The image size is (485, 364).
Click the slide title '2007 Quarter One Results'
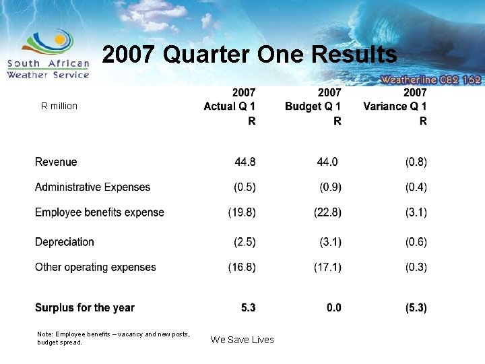249,55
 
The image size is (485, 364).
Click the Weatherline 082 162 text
430,79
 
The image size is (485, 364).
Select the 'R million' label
59,106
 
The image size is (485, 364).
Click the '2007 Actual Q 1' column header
230,106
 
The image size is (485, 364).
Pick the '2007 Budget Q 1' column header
313,106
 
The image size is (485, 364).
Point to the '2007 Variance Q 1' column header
395,106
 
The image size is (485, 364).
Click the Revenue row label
56,162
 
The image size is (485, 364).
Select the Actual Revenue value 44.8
245,162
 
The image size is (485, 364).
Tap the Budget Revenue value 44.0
327,162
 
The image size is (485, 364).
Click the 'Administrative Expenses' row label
92,187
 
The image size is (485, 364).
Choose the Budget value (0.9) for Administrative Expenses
330,187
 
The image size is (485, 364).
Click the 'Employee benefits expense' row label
100,212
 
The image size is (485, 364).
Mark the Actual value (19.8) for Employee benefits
242,212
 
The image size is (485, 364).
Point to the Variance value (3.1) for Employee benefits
416,212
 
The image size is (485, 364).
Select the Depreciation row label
65,242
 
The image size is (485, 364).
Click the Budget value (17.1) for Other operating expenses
327,267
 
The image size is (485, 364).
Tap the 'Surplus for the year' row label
85,308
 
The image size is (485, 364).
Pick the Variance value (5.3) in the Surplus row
416,308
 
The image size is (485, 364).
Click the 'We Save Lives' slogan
243,340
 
